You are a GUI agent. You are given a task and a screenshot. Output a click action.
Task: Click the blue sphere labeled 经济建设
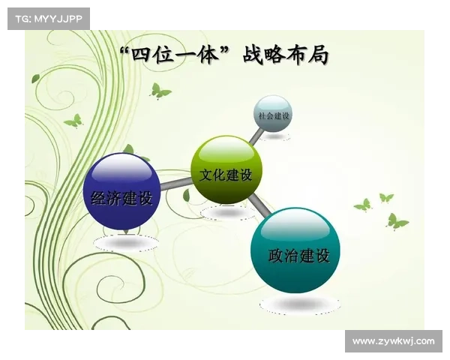click(121, 190)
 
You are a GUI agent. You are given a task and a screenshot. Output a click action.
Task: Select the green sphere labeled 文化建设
click(226, 170)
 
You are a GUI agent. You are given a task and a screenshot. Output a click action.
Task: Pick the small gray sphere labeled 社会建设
click(272, 113)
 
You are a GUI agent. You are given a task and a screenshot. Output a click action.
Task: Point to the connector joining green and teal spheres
click(258, 202)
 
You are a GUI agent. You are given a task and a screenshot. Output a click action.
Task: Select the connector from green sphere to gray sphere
click(255, 136)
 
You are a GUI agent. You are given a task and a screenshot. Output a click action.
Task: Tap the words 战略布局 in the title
click(286, 54)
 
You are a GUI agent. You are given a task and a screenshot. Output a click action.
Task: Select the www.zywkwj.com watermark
click(393, 341)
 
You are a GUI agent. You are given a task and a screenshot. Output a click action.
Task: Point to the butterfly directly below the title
click(159, 91)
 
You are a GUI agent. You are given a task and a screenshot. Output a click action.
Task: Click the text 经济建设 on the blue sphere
click(121, 199)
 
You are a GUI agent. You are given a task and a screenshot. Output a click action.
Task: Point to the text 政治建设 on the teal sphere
click(298, 256)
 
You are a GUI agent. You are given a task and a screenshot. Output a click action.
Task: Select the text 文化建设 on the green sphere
click(226, 174)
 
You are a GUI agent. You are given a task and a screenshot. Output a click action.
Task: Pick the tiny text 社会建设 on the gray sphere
click(273, 116)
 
